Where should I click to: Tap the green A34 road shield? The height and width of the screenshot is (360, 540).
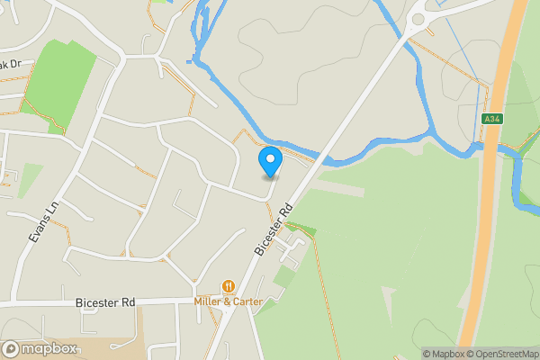(x=490, y=119)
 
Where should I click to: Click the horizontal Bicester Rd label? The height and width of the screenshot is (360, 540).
(x=105, y=302)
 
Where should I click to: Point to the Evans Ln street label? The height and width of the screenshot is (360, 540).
(x=42, y=220)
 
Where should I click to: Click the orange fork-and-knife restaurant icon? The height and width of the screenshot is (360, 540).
(x=229, y=286)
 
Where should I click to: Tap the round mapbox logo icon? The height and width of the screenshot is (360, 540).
(x=11, y=349)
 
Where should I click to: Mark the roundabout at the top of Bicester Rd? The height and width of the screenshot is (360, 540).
(x=418, y=18)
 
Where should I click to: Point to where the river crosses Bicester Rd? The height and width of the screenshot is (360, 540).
(x=327, y=161)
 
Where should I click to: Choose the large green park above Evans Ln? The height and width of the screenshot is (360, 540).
(x=67, y=81)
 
